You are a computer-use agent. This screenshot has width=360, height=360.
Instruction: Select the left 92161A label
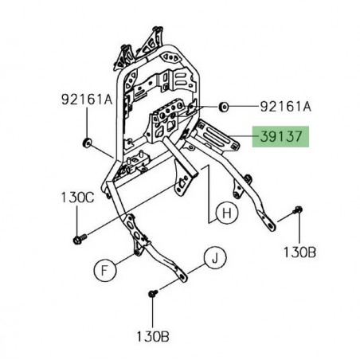tap(84, 102)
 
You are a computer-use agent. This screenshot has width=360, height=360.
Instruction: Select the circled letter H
tap(225, 213)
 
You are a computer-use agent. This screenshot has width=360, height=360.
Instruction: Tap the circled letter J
tap(213, 256)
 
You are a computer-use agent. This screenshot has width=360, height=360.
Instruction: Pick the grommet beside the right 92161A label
tap(202, 105)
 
